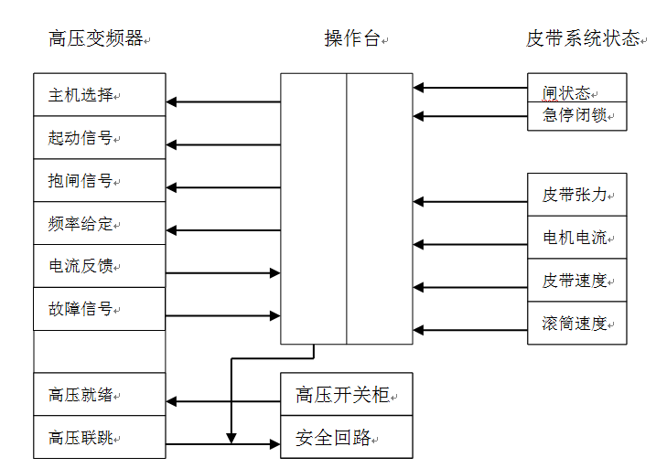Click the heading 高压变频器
point(96,38)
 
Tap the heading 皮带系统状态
point(582,38)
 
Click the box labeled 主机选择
point(99,95)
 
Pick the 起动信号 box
point(99,138)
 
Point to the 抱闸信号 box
point(99,181)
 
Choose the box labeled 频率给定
point(99,224)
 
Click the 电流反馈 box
point(99,266)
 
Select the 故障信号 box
point(99,309)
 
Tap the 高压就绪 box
point(99,395)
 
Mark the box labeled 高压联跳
point(99,438)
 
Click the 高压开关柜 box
point(346,395)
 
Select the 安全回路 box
point(346,438)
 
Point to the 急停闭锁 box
point(576,115)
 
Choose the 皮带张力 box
point(576,195)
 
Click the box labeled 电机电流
point(576,238)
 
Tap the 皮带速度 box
point(576,281)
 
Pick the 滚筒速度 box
point(576,323)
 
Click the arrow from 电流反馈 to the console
point(222,272)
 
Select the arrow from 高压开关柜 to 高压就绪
point(222,401)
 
